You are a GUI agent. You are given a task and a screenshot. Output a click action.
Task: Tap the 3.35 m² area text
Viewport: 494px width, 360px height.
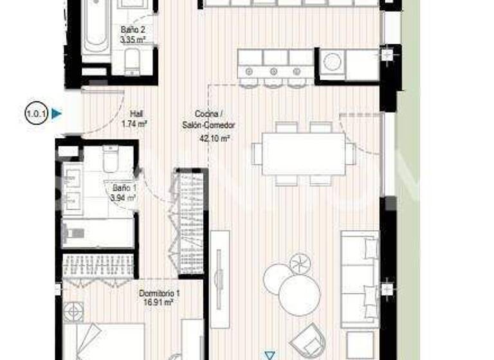(133, 40)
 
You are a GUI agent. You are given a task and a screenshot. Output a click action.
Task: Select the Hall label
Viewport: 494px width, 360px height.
(136, 111)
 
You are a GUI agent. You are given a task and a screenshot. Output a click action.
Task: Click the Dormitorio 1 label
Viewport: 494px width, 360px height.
(160, 293)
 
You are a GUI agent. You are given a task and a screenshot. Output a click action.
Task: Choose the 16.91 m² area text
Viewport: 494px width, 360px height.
(160, 302)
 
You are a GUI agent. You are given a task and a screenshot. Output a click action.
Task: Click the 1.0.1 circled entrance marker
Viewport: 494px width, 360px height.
(35, 114)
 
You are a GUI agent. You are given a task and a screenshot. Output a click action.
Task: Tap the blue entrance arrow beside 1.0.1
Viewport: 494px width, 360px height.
(57, 114)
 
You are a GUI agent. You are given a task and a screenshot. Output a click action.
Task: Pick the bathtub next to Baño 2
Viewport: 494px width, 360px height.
(96, 29)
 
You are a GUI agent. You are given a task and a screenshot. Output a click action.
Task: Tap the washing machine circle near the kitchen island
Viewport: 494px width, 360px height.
(333, 62)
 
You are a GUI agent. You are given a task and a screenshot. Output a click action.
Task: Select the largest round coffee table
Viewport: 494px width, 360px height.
(299, 295)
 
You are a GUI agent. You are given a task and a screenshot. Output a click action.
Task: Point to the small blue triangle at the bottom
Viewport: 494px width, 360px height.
(270, 354)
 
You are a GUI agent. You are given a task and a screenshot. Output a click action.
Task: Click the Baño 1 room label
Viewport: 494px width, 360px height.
(123, 188)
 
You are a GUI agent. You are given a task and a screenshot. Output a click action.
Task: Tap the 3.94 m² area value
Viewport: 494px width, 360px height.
(123, 198)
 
